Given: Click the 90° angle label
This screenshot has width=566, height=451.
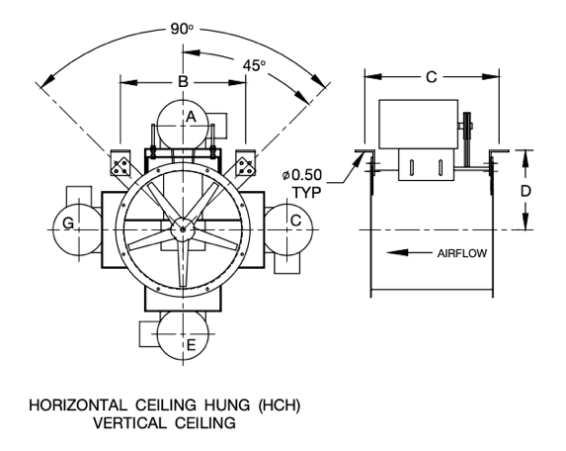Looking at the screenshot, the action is (x=182, y=29).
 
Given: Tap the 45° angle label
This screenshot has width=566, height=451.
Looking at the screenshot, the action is (x=254, y=65).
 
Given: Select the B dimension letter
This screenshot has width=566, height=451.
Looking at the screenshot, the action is (x=184, y=82).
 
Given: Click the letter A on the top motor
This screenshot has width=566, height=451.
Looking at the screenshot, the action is (x=191, y=117).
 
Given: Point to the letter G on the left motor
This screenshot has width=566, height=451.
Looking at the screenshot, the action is (x=68, y=223).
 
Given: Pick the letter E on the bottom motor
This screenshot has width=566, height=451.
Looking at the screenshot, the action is (x=192, y=345).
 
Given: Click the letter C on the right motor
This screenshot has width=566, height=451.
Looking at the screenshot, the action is (x=296, y=221).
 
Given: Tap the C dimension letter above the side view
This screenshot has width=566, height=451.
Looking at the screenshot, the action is (x=432, y=77).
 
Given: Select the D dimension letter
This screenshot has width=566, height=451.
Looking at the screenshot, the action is (x=526, y=191).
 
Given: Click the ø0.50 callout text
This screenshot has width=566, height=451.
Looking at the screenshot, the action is (x=302, y=175).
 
